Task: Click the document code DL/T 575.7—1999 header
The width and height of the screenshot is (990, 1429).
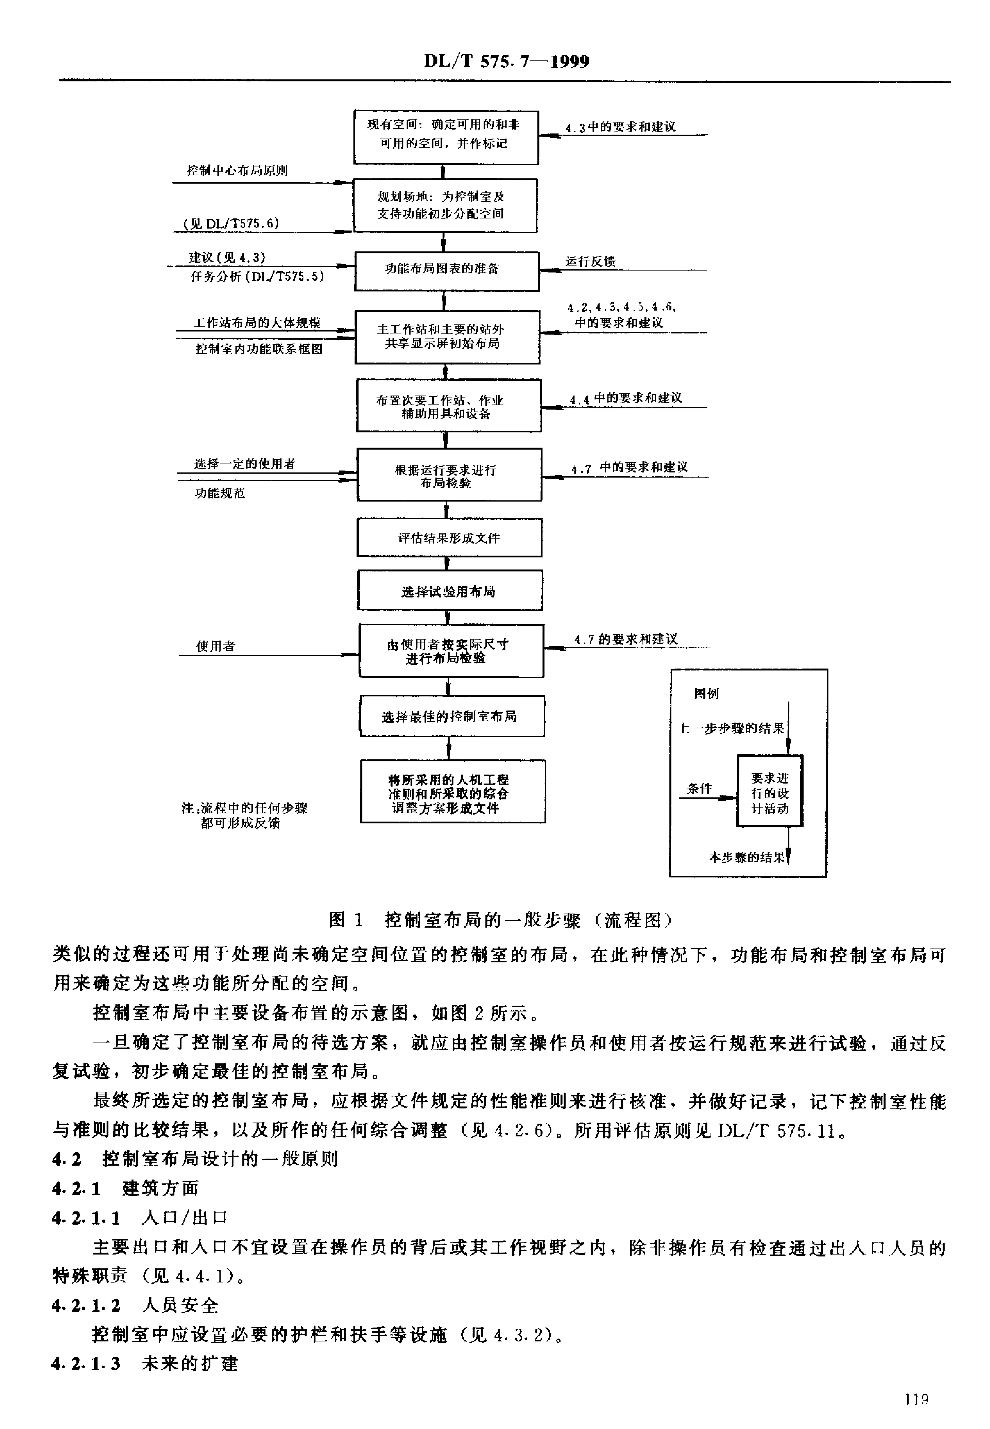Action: click(x=507, y=61)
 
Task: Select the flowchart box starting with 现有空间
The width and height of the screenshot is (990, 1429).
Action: click(x=446, y=137)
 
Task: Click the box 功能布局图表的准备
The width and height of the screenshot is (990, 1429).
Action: click(x=447, y=271)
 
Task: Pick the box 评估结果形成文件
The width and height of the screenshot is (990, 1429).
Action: click(x=449, y=537)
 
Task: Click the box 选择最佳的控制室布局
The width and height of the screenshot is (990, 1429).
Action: click(x=452, y=716)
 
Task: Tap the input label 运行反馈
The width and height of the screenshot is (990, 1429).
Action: click(x=590, y=261)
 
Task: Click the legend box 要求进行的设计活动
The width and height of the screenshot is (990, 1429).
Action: click(x=770, y=790)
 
